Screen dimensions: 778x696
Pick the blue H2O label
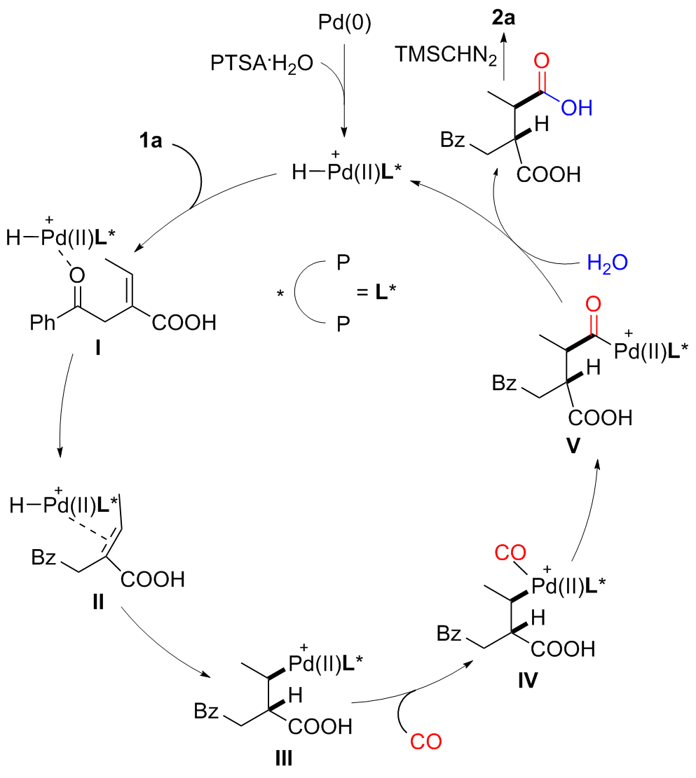coord(607,263)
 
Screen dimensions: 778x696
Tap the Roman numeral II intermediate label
coord(98,602)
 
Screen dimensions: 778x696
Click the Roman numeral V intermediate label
coord(573,447)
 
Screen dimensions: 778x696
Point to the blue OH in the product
coord(575,107)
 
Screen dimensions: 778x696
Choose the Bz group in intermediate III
coord(209,713)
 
